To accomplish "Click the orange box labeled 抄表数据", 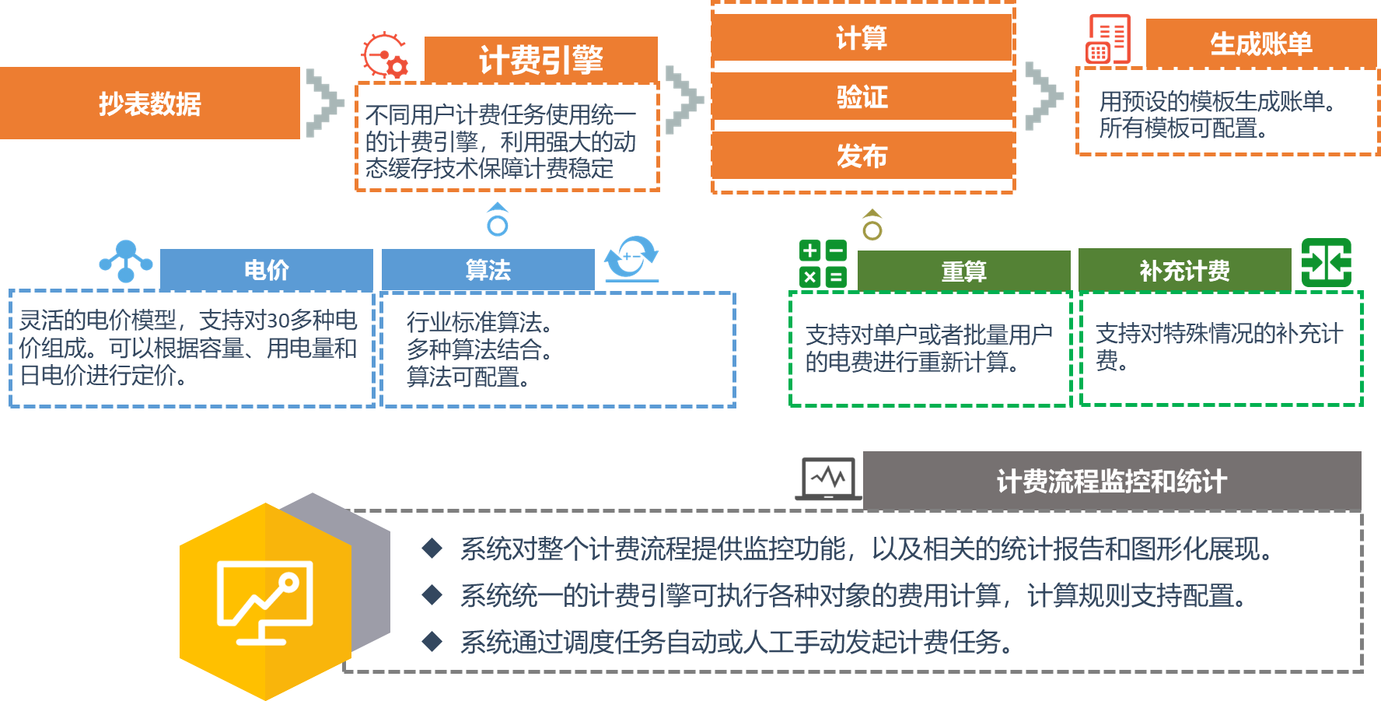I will pyautogui.click(x=149, y=103).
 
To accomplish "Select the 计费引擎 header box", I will pyautogui.click(x=540, y=59).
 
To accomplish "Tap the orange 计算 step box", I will pyautogui.click(x=862, y=37).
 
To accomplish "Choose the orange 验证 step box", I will pyautogui.click(x=862, y=97).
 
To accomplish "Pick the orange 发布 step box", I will pyautogui.click(x=862, y=156).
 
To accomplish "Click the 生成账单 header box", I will pyautogui.click(x=1260, y=44).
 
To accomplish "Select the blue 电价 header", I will pyautogui.click(x=266, y=270).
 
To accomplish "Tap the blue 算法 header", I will pyautogui.click(x=488, y=270).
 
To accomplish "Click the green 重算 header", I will pyautogui.click(x=963, y=271).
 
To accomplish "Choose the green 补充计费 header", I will pyautogui.click(x=1184, y=271).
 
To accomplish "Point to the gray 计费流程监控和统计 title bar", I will pyautogui.click(x=1112, y=481).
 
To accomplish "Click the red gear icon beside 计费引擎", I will pyautogui.click(x=385, y=55).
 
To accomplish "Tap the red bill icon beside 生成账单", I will pyautogui.click(x=1108, y=39).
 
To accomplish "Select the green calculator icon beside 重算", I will pyautogui.click(x=823, y=264).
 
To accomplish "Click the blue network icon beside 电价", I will pyautogui.click(x=126, y=261).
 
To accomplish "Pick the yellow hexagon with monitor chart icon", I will pyautogui.click(x=265, y=601).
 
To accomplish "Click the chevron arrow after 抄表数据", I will pyautogui.click(x=324, y=103).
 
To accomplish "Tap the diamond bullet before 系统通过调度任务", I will pyautogui.click(x=432, y=642).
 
